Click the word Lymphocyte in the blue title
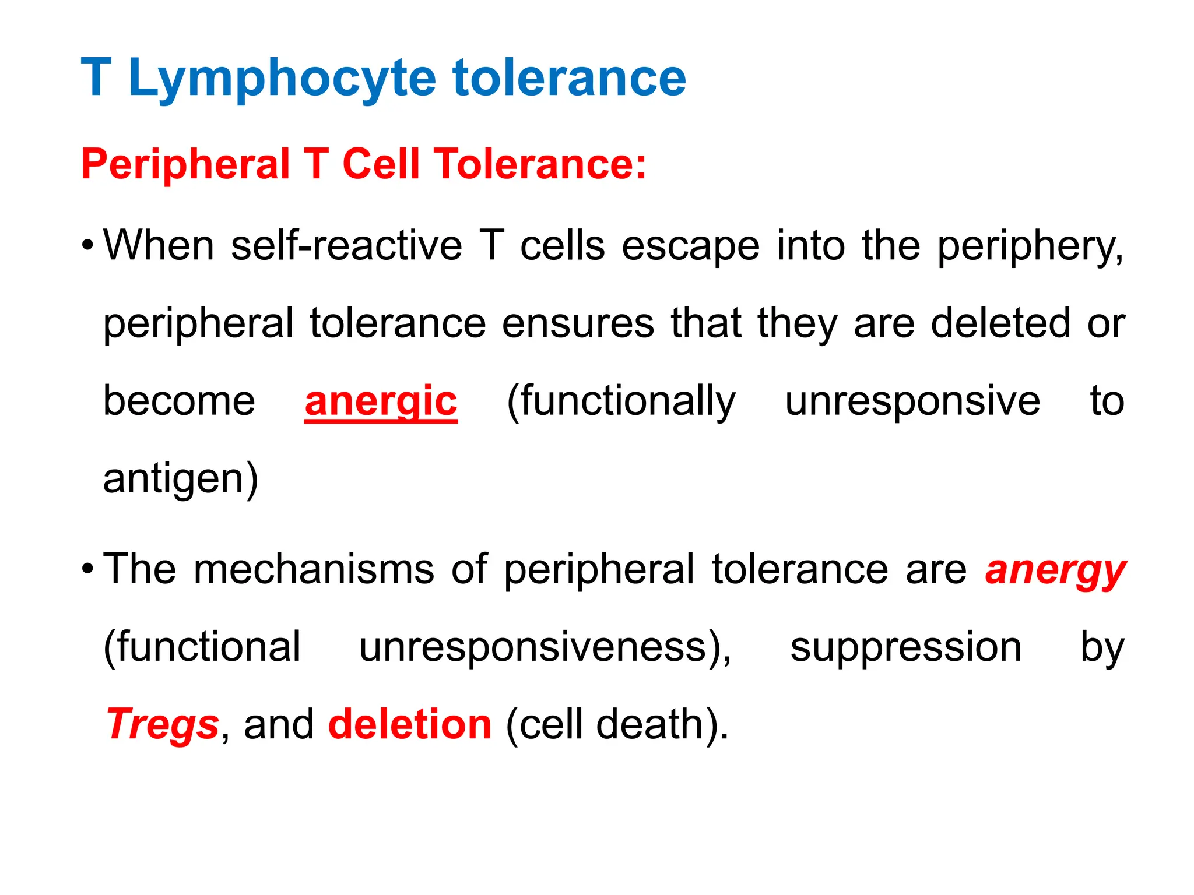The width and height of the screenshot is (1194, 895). [x=282, y=79]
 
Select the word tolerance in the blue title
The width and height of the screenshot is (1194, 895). [x=569, y=79]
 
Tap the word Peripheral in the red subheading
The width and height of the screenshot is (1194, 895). [x=185, y=164]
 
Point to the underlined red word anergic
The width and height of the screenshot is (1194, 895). [x=381, y=402]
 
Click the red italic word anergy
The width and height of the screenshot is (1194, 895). [x=1055, y=570]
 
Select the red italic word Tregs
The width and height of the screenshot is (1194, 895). [x=163, y=725]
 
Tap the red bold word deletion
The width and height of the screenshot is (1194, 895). [x=410, y=725]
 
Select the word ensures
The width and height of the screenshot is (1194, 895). [x=578, y=323]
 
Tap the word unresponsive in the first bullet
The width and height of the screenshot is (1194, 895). [x=912, y=402]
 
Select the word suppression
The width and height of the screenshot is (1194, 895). [x=905, y=648]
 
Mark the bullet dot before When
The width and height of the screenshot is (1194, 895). [x=87, y=244]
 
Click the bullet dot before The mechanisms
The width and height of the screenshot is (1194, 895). [x=87, y=568]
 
